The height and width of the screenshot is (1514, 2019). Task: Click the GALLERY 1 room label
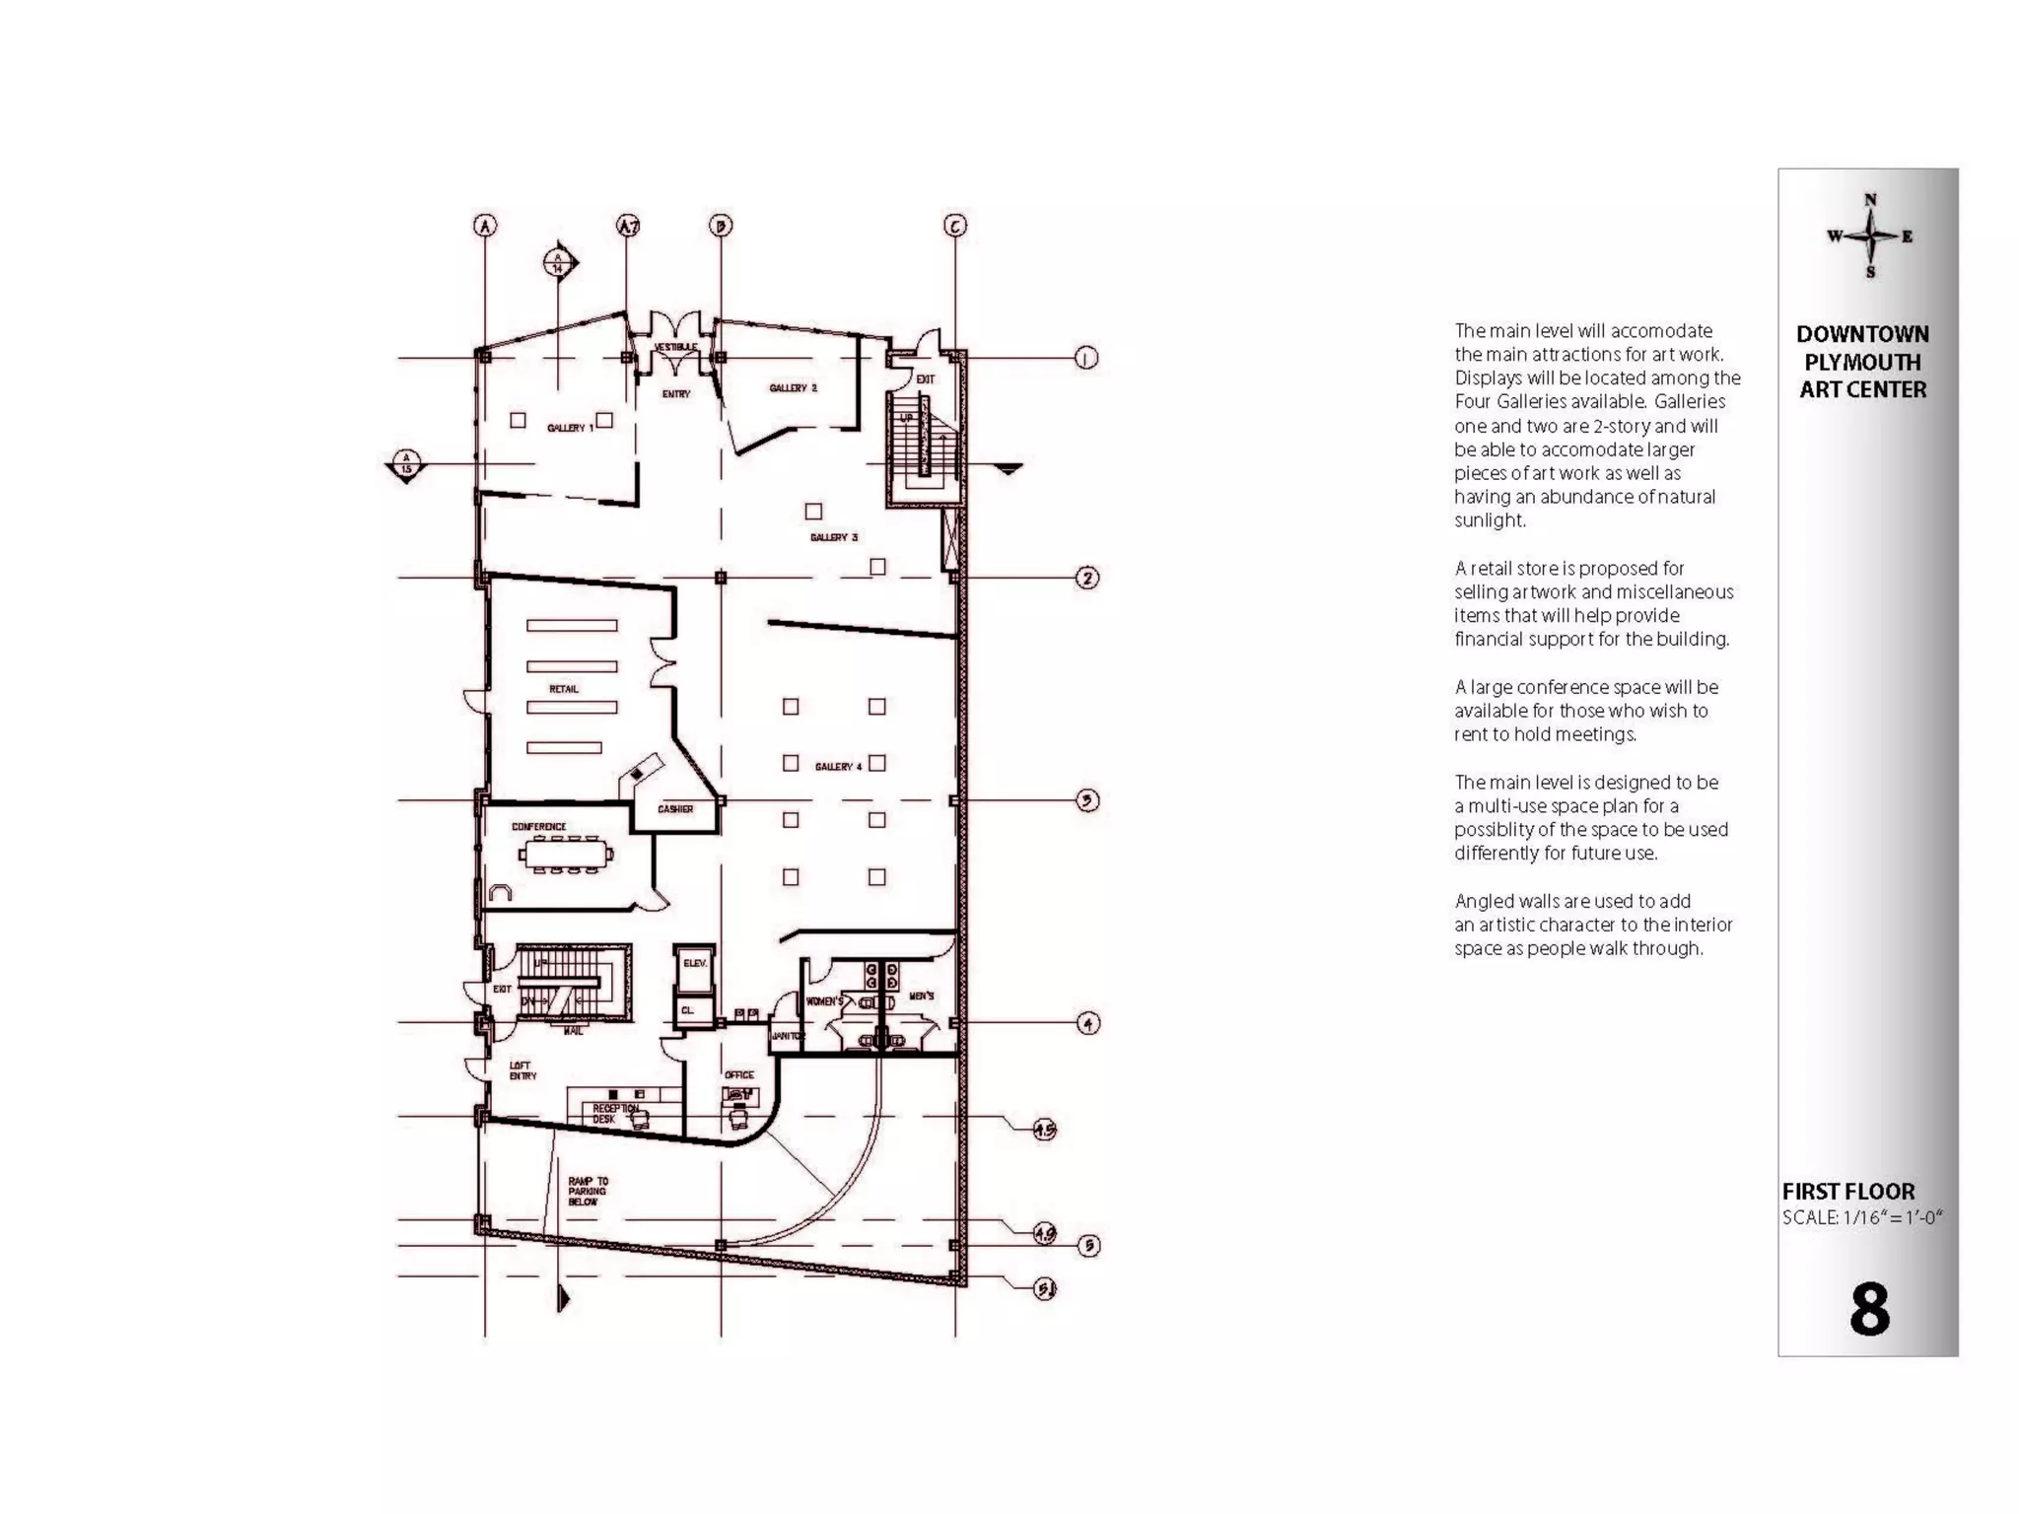[x=571, y=428]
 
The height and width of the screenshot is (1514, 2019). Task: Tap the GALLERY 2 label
[x=793, y=388]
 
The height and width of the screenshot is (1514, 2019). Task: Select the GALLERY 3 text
[x=834, y=537]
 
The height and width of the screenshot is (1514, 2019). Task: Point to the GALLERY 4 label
[x=838, y=766]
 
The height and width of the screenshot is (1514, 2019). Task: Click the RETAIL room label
[x=564, y=689]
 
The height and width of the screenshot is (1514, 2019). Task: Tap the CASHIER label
[x=675, y=809]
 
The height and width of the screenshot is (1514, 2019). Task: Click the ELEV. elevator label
[x=695, y=963]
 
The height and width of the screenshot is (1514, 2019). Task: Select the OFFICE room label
[x=738, y=1074]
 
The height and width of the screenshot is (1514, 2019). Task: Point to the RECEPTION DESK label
[x=615, y=1114]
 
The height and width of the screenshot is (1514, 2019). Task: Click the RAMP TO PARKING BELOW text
[x=588, y=1191]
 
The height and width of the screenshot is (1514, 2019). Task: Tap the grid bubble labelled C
[x=954, y=226]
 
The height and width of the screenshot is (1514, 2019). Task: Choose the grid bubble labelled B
[x=721, y=226]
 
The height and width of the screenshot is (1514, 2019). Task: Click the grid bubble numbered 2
[x=1087, y=578]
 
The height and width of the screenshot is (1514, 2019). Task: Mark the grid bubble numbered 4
[x=1087, y=1023]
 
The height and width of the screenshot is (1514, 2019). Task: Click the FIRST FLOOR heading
[x=1847, y=1191]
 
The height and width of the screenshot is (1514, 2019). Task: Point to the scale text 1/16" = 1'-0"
[x=1862, y=1217]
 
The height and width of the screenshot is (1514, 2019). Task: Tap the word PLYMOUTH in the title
[x=1862, y=362]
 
